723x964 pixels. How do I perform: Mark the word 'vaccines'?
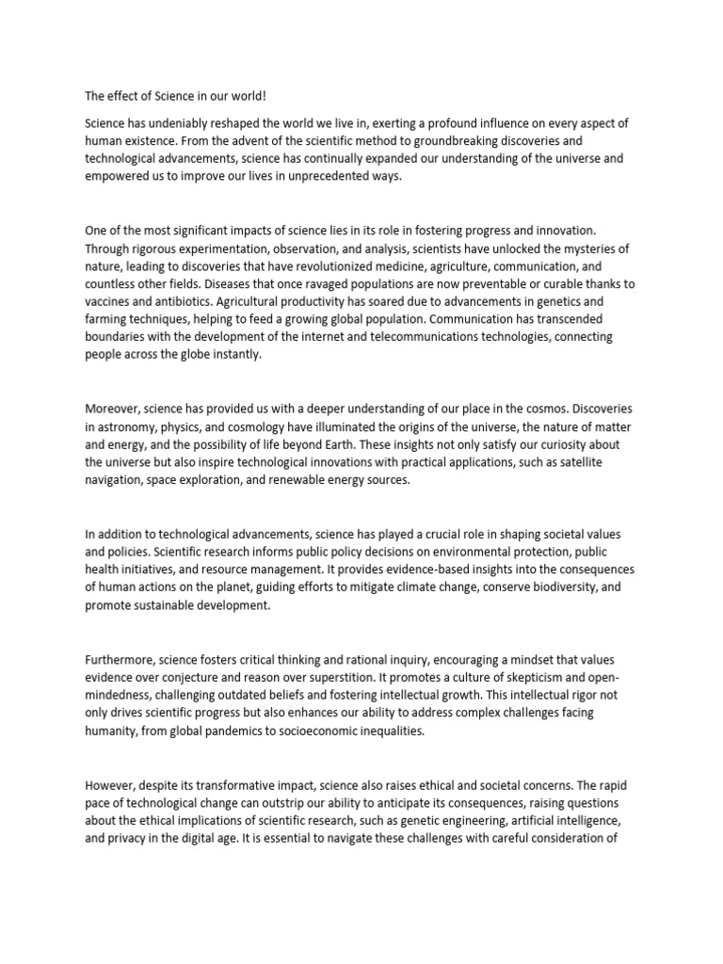point(109,300)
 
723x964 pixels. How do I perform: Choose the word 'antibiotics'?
point(184,300)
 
